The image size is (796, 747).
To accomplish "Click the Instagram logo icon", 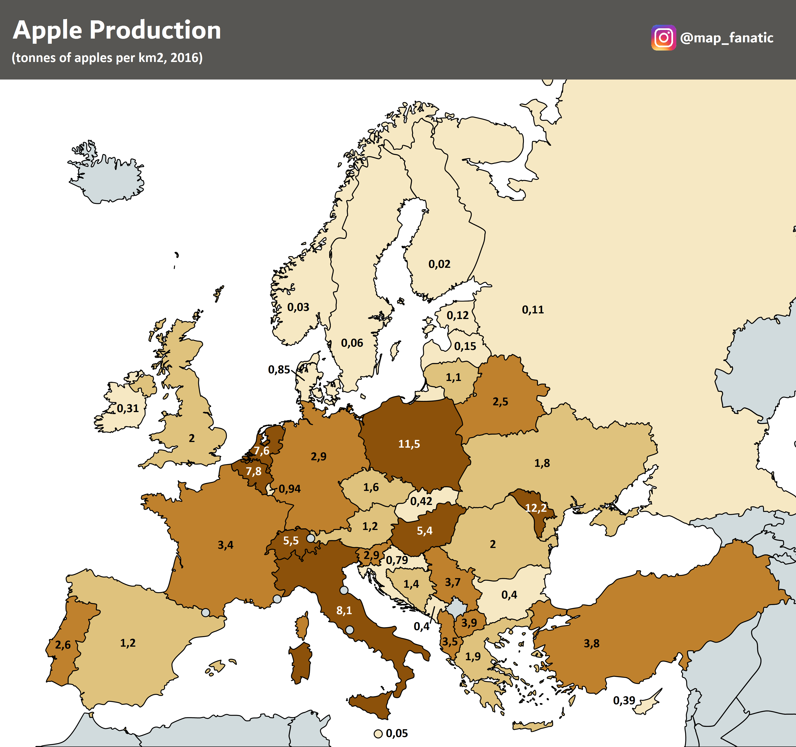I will (663, 38).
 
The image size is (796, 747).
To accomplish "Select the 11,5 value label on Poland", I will (409, 444).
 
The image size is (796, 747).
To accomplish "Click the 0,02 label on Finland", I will (439, 264).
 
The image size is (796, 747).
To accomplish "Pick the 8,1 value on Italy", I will (344, 610).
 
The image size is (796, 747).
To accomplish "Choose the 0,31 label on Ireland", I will (127, 408).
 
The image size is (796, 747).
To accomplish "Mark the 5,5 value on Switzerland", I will (291, 540).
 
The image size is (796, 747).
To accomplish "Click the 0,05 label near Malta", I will (396, 733).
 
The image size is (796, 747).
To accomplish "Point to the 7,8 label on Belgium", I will (253, 471).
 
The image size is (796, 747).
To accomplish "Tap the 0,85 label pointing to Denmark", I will (279, 369).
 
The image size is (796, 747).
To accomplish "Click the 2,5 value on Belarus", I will (500, 401).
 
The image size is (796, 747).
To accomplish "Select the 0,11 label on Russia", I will (533, 309).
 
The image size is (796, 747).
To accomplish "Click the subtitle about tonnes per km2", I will (107, 58).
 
